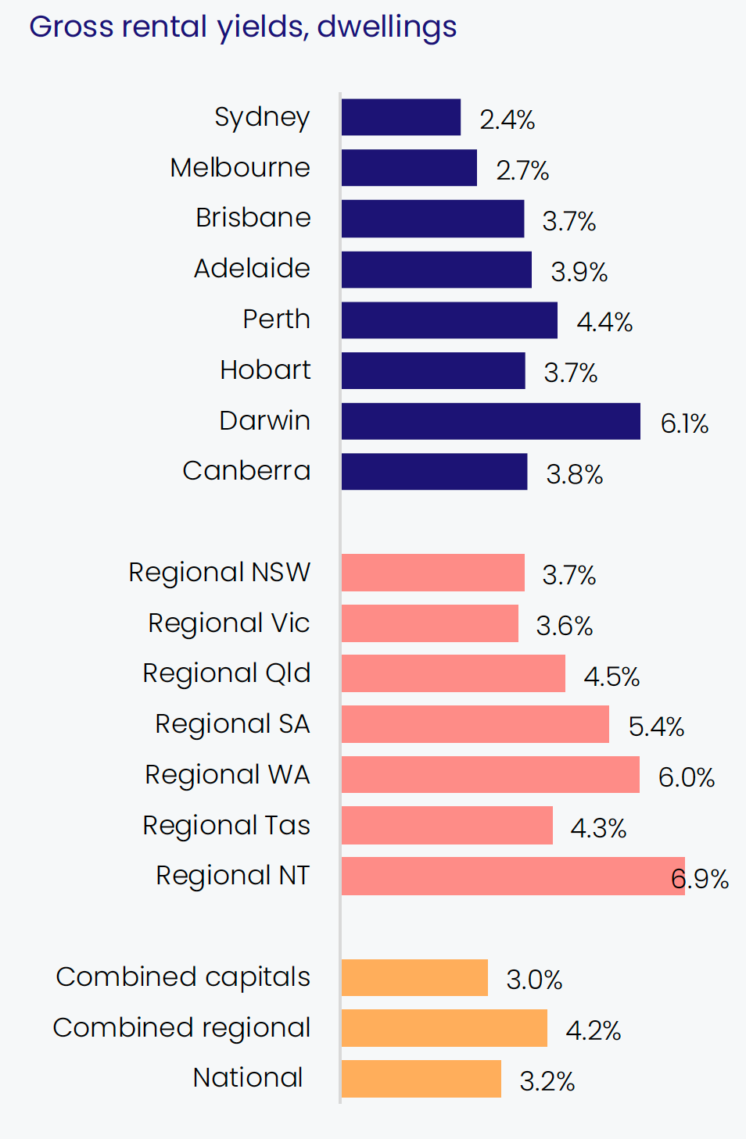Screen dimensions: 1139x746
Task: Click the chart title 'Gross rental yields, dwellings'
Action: (x=242, y=27)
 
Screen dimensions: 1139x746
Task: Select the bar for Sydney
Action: (x=400, y=117)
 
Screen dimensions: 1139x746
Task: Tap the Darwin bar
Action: (x=490, y=421)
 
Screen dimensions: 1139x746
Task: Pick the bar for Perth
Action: (x=449, y=320)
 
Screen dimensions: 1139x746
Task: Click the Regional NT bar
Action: (x=512, y=876)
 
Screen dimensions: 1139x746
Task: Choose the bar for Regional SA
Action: (x=475, y=724)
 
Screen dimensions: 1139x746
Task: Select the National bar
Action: (x=421, y=1079)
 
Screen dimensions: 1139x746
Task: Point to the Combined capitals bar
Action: (x=414, y=977)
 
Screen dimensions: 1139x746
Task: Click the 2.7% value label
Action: (x=522, y=170)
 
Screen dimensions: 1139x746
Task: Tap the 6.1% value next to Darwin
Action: (x=684, y=423)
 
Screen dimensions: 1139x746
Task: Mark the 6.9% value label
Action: (x=700, y=879)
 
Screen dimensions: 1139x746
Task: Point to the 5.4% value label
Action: (x=656, y=727)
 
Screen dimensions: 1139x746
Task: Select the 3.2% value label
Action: (x=547, y=1081)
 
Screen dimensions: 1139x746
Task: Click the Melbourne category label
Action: (x=240, y=167)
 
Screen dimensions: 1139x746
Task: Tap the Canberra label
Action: (x=246, y=470)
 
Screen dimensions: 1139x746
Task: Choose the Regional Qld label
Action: (x=226, y=673)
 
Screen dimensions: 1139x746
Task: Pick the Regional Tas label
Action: (x=226, y=825)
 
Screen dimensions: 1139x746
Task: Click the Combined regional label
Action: (x=181, y=1027)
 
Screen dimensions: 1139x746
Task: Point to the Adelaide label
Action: (x=252, y=268)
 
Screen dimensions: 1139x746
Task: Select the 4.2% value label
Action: (x=593, y=1030)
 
